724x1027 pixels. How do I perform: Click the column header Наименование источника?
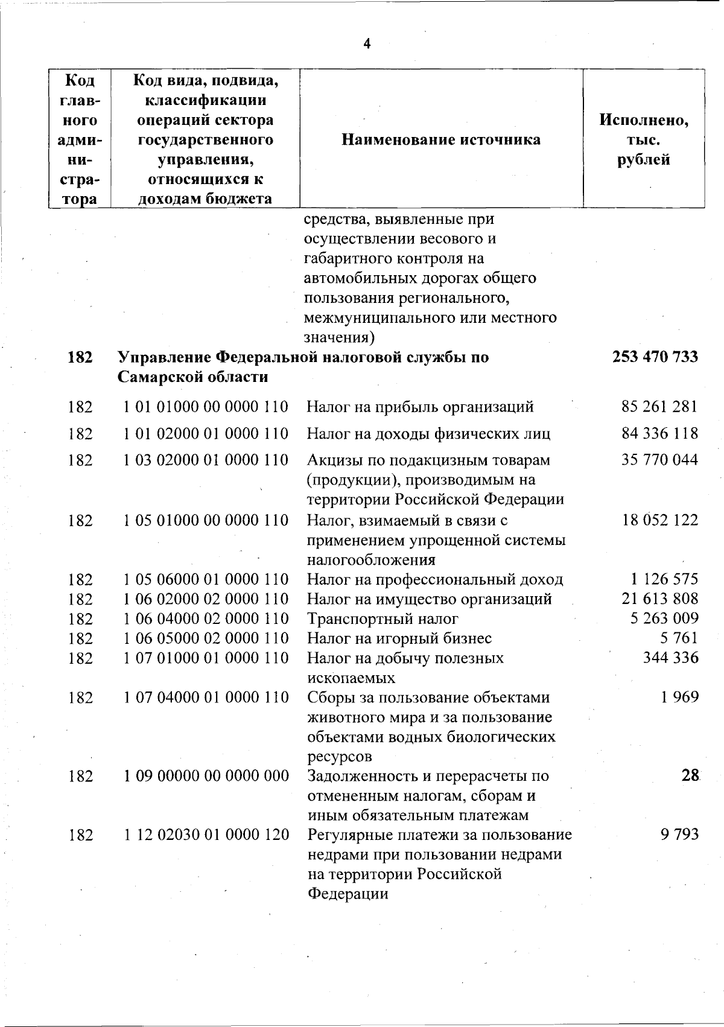441,140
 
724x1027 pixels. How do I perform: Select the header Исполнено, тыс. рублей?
644,140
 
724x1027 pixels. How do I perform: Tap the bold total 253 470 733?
655,357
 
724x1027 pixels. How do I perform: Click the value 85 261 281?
659,407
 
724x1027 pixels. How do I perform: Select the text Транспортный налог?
383,618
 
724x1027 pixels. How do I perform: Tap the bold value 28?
690,775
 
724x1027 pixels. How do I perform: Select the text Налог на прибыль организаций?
420,407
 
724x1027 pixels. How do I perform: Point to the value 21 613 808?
659,599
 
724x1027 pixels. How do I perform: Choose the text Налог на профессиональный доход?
435,579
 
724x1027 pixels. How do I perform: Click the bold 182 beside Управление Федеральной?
80,357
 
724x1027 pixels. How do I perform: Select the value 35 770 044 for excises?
659,460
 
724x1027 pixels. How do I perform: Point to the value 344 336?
670,657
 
